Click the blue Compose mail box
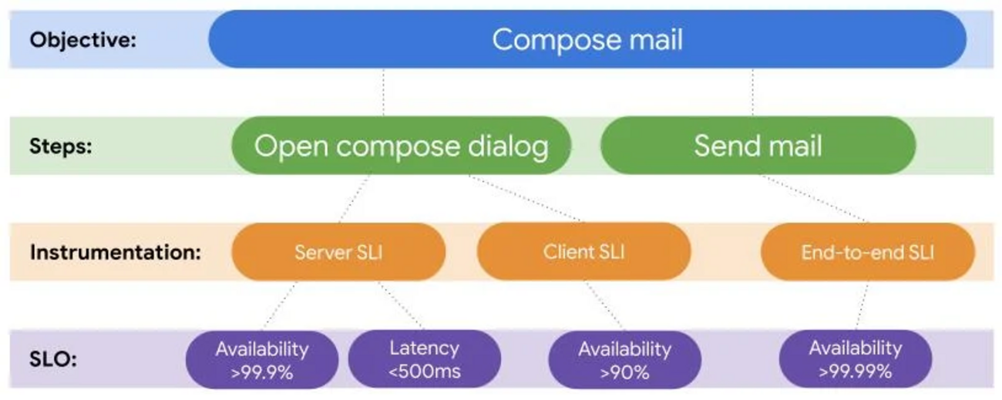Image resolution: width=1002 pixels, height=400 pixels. pyautogui.click(x=587, y=39)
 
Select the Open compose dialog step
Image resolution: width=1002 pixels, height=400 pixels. pyautogui.click(x=402, y=146)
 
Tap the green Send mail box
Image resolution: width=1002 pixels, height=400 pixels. pyautogui.click(x=758, y=146)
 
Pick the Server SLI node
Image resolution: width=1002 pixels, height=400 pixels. pyautogui.click(x=338, y=252)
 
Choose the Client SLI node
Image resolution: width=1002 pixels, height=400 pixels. pyautogui.click(x=583, y=251)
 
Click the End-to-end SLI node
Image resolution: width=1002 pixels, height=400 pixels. pyautogui.click(x=868, y=252)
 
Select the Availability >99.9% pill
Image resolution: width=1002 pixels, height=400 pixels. pyautogui.click(x=262, y=360)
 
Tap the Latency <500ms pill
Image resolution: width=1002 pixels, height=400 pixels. pyautogui.click(x=425, y=359)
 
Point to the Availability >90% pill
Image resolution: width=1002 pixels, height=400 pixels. pyautogui.click(x=625, y=360)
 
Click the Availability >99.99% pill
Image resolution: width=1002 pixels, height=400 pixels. pyautogui.click(x=856, y=359)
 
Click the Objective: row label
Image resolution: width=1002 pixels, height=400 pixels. pyautogui.click(x=82, y=40)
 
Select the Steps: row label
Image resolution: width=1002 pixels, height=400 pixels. pyautogui.click(x=61, y=146)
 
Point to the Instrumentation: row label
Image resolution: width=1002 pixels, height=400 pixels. pyautogui.click(x=116, y=252)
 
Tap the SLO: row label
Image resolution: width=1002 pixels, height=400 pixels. pyautogui.click(x=53, y=359)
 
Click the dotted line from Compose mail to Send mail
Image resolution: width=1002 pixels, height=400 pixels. pyautogui.click(x=753, y=92)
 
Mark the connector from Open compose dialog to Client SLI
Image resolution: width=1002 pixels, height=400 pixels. pyautogui.click(x=526, y=198)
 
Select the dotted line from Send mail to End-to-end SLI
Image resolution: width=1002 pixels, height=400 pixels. pyautogui.click(x=815, y=198)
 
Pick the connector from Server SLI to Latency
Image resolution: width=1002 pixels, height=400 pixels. pyautogui.click(x=400, y=305)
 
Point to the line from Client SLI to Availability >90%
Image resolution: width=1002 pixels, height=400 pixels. pyautogui.click(x=604, y=305)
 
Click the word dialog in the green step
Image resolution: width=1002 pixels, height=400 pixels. pyautogui.click(x=508, y=146)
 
